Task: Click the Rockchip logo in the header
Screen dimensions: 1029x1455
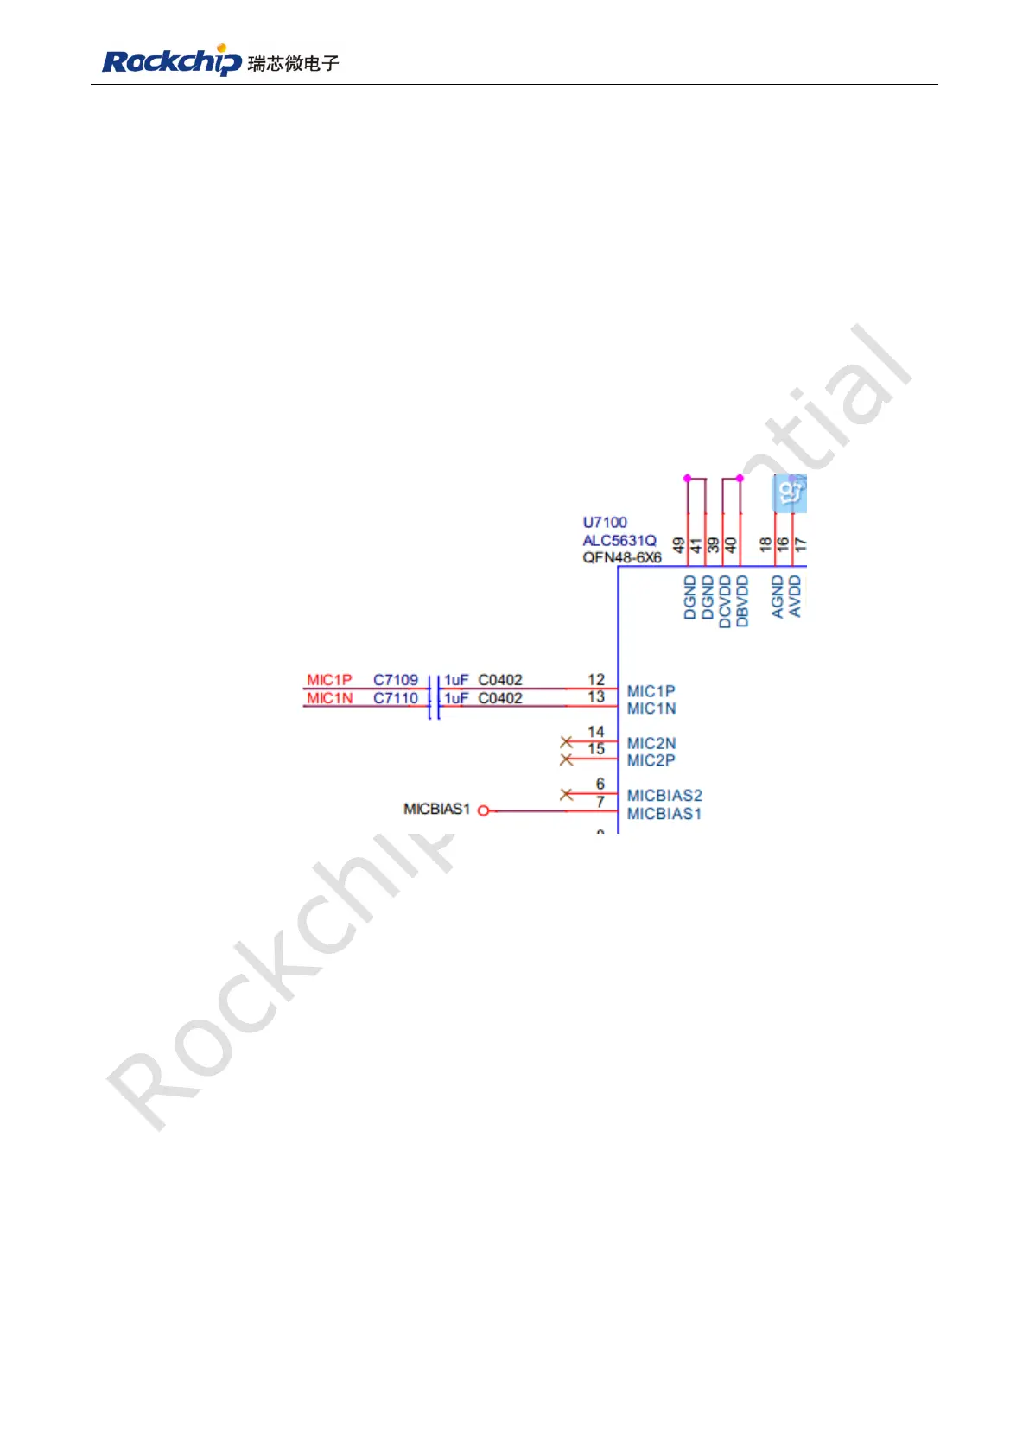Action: click(172, 60)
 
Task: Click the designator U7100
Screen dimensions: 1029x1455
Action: click(605, 522)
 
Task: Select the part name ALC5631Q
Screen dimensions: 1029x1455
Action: click(619, 540)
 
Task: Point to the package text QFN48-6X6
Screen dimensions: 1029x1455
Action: click(622, 557)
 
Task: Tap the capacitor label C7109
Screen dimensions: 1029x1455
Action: click(396, 680)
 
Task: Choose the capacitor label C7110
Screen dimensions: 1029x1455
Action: click(396, 698)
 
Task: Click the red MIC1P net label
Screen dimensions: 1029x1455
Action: click(329, 680)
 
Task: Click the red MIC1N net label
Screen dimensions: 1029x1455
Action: click(329, 698)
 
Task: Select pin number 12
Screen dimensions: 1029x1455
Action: click(596, 679)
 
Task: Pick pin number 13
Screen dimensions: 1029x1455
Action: click(596, 696)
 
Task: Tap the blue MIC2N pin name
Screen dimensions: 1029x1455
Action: click(651, 743)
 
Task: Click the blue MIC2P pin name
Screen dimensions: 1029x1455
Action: click(651, 760)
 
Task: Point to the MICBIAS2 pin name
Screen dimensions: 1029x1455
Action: click(664, 795)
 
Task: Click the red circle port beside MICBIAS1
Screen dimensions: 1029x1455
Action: click(484, 810)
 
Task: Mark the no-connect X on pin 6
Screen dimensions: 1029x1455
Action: click(567, 794)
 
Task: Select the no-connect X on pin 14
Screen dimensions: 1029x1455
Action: click(567, 741)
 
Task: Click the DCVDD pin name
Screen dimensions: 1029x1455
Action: click(725, 600)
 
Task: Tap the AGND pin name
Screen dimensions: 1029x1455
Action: click(777, 597)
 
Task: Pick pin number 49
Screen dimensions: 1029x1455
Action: click(679, 545)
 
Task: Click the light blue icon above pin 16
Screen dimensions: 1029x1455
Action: click(789, 493)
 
